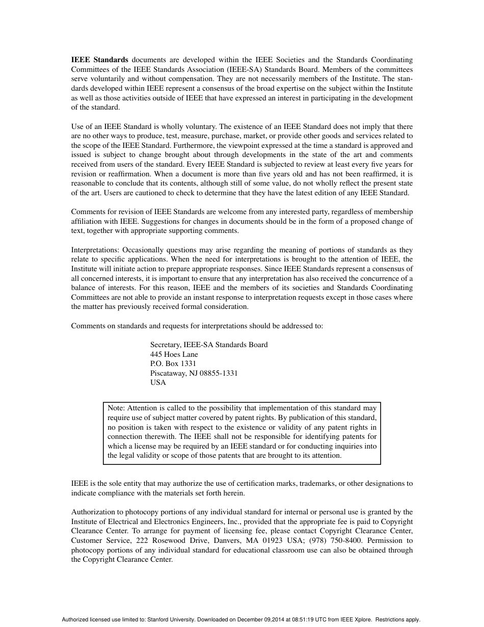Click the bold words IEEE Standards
click(x=99, y=60)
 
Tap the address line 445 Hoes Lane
click(x=174, y=354)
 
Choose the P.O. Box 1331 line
click(x=173, y=363)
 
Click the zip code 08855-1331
click(x=219, y=373)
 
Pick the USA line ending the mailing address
click(x=158, y=382)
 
